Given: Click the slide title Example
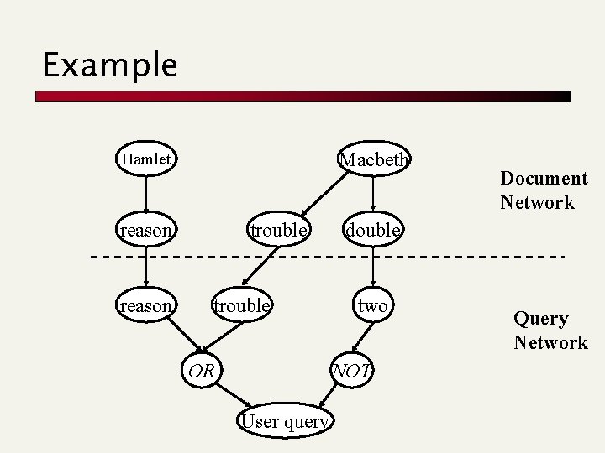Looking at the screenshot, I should point(110,65).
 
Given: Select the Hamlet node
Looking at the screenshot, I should point(146,159).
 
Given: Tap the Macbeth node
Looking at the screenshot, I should point(373,159).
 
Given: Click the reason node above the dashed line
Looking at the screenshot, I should point(146,230).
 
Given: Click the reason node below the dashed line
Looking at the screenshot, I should point(146,306).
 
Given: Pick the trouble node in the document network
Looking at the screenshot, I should point(278,230).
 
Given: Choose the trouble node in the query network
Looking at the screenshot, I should point(241,306).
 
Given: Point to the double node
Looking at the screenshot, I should point(372,230).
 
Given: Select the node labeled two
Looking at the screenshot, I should point(372,306).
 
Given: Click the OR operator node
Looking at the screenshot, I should point(200,370).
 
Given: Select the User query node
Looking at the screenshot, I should point(284,421).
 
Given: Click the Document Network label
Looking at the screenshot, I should point(544,190).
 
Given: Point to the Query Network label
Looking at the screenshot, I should point(550,331).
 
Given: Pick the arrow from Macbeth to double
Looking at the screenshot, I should point(372,195).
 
